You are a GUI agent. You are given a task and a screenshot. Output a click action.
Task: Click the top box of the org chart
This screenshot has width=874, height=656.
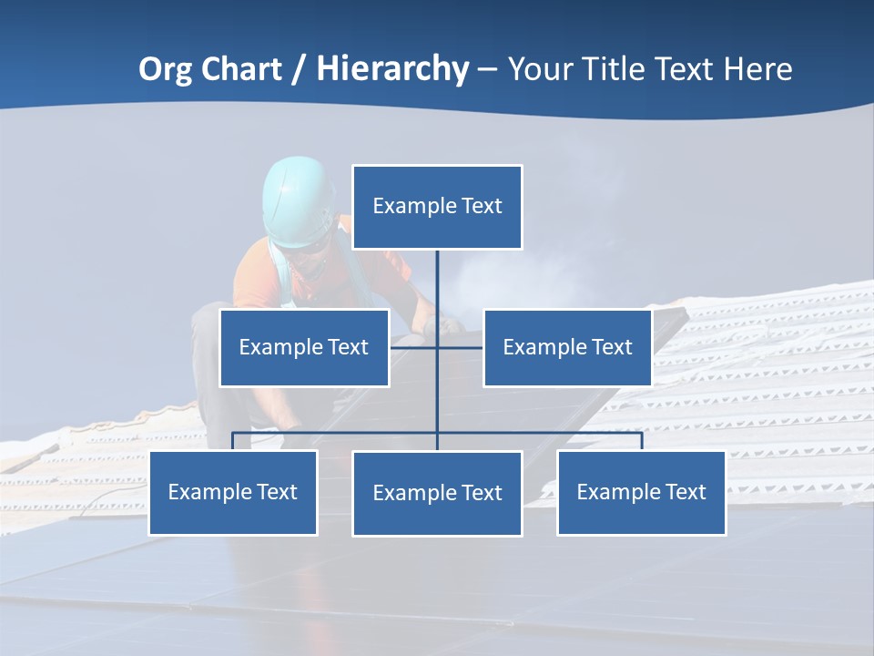437,207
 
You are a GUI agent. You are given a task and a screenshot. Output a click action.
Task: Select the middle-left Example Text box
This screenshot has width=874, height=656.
304,347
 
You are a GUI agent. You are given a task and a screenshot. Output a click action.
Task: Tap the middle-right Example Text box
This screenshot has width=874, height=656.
567,347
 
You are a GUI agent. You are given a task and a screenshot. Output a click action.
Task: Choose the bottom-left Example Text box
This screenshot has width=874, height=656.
233,492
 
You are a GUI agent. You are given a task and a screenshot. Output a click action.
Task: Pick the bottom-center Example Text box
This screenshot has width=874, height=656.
437,493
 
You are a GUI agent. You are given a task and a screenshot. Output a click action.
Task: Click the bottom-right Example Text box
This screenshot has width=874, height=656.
642,492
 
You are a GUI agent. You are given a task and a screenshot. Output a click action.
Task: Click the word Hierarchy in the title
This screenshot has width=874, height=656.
392,69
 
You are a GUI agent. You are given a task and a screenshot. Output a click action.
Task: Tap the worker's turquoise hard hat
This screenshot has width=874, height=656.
298,200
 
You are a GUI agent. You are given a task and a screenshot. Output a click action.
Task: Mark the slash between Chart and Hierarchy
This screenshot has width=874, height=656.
300,69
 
